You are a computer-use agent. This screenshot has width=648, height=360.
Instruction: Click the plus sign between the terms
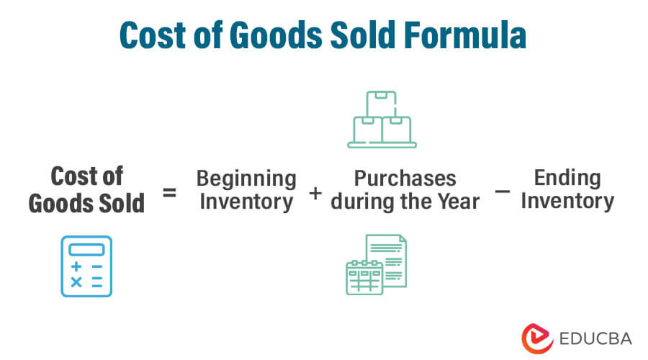(x=315, y=193)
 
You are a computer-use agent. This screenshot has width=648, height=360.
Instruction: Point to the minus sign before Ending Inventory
(x=503, y=192)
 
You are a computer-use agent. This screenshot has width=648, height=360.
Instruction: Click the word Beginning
(x=246, y=178)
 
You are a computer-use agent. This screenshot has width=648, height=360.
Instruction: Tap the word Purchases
(x=405, y=178)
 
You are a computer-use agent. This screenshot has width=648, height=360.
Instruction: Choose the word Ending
(x=567, y=177)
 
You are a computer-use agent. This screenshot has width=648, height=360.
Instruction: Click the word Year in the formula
(x=456, y=201)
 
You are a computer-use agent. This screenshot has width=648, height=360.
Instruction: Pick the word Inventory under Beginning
(x=246, y=201)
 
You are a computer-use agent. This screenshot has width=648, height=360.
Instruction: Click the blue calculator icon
(x=86, y=266)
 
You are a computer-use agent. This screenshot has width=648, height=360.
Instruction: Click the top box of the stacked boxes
(x=382, y=103)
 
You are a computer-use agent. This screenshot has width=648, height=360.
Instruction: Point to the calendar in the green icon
(x=364, y=277)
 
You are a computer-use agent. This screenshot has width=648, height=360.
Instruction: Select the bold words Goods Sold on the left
(x=86, y=203)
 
